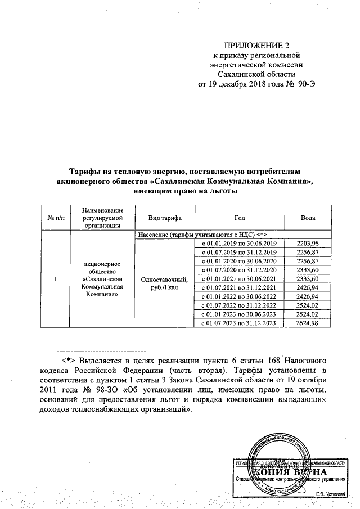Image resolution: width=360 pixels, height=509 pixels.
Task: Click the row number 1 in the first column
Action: click(x=55, y=279)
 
